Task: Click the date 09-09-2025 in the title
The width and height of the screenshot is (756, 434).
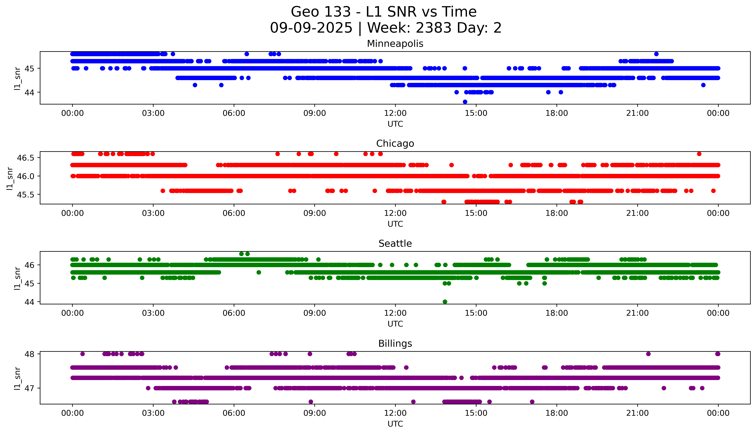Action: pyautogui.click(x=311, y=28)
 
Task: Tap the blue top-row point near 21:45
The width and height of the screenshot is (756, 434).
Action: pyautogui.click(x=656, y=54)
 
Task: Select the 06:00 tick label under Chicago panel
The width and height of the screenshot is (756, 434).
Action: pyautogui.click(x=234, y=213)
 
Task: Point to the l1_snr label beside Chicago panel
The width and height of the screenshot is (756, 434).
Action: pyautogui.click(x=10, y=178)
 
